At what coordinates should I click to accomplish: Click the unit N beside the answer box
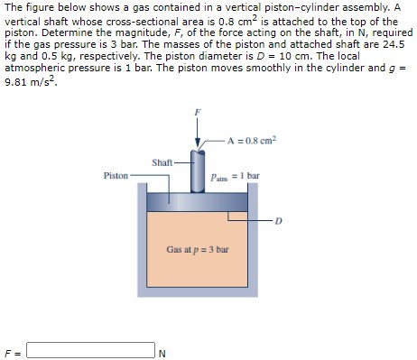click(162, 352)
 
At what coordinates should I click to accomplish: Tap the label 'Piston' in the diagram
click(116, 176)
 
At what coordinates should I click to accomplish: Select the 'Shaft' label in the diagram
click(163, 162)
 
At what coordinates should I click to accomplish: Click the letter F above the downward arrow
click(199, 111)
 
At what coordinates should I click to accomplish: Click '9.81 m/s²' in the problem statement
click(26, 81)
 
